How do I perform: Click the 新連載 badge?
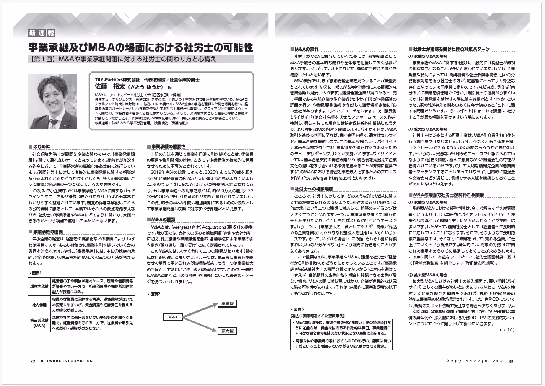[39, 33]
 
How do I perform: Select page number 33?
[511, 361]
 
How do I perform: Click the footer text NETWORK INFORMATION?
[67, 361]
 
